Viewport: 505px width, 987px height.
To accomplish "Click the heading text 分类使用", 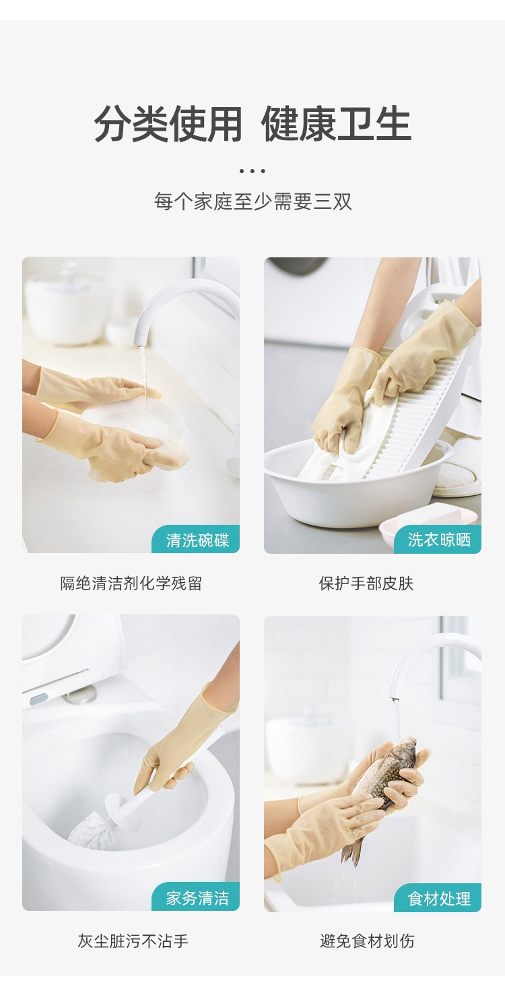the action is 168,124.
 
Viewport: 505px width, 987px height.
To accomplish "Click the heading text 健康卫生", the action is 337,124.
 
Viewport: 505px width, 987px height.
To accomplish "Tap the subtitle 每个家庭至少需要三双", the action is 252,202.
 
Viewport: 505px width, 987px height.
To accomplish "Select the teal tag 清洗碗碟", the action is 196,540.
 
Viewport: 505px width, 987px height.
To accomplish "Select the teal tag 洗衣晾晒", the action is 438,540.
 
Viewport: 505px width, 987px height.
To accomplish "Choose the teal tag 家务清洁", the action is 196,897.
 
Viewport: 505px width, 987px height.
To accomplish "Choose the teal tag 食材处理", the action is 438,898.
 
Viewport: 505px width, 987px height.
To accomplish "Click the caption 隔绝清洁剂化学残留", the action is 131,583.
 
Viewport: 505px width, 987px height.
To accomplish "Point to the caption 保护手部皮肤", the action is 366,583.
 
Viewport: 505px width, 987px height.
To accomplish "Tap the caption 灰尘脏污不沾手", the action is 133,941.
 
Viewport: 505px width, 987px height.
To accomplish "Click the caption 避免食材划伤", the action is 367,941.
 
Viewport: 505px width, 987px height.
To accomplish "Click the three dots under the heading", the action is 252,171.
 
